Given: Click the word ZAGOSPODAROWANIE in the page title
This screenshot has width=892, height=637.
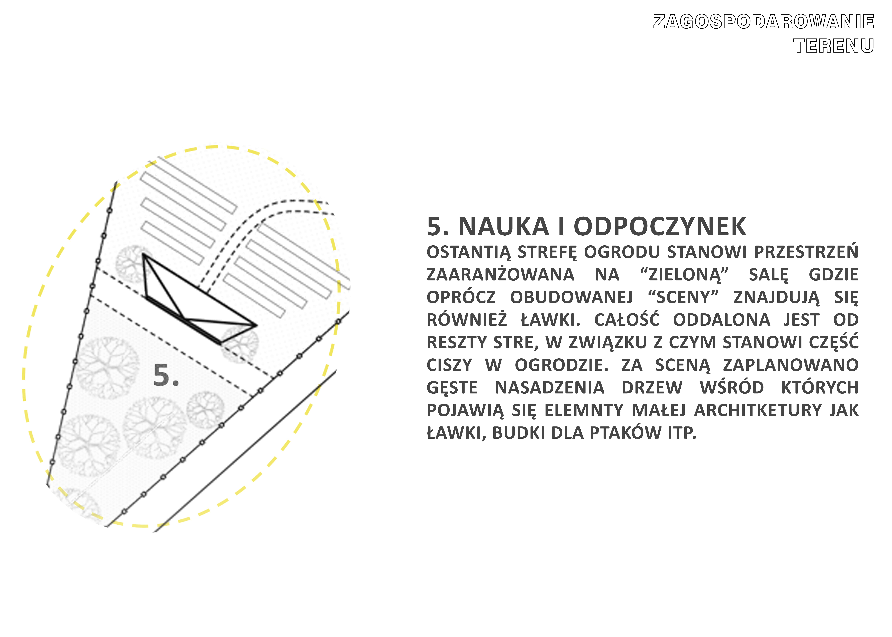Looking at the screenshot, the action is [x=763, y=22].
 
